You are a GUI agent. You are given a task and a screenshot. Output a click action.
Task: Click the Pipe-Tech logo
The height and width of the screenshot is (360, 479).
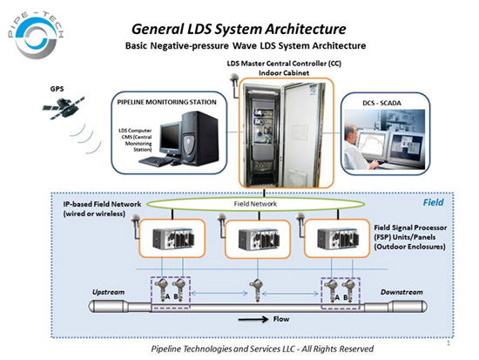point(36,35)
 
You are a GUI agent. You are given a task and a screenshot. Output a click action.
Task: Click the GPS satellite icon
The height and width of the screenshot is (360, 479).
point(64,108)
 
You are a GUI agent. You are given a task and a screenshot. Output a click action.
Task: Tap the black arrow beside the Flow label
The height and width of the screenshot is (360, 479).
point(253,320)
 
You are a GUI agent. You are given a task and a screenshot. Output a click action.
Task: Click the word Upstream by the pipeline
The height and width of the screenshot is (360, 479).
point(109,292)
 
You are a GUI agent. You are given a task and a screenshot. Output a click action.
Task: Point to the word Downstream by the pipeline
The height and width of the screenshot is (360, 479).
point(401,292)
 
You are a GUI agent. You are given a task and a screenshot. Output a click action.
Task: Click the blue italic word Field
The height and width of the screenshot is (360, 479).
point(433,202)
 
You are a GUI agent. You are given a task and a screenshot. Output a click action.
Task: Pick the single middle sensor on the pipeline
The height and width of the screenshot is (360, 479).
point(257,290)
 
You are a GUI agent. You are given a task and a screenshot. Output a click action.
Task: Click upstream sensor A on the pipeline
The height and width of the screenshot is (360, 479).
point(161,289)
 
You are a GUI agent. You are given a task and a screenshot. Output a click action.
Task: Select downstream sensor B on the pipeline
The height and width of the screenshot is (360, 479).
point(349,289)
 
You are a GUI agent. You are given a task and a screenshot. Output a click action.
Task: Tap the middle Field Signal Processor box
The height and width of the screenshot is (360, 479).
point(258,239)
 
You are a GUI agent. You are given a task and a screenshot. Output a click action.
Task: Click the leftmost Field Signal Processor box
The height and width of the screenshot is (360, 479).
point(172,238)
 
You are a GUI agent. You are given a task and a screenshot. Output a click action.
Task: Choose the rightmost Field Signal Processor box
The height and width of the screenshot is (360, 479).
point(337,238)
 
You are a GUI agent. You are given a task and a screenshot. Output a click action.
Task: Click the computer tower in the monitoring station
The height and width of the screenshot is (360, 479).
point(200,138)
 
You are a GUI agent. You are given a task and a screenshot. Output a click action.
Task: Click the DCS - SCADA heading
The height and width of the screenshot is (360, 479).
point(381,103)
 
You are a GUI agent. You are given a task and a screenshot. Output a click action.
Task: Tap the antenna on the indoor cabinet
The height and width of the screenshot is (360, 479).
point(235,84)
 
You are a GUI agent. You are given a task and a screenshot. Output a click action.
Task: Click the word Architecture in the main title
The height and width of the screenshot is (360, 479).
point(306,30)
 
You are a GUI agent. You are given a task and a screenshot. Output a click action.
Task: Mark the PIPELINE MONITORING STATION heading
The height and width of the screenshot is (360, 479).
point(167,102)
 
